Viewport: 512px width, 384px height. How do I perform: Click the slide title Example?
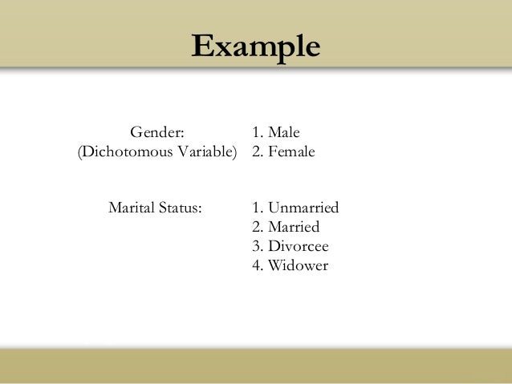point(255,46)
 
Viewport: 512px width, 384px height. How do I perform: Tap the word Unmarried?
point(303,208)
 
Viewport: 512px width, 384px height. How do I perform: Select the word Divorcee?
point(298,246)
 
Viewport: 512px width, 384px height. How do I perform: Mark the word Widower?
point(298,265)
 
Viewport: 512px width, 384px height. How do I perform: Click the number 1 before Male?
point(255,131)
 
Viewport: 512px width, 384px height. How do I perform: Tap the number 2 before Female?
point(255,151)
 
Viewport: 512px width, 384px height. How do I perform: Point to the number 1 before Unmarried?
point(255,208)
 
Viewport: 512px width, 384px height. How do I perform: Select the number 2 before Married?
point(255,227)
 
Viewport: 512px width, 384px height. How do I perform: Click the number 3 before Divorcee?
point(255,246)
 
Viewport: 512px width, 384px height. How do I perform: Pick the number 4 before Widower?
point(255,265)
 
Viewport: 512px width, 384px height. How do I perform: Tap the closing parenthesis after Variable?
point(236,151)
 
